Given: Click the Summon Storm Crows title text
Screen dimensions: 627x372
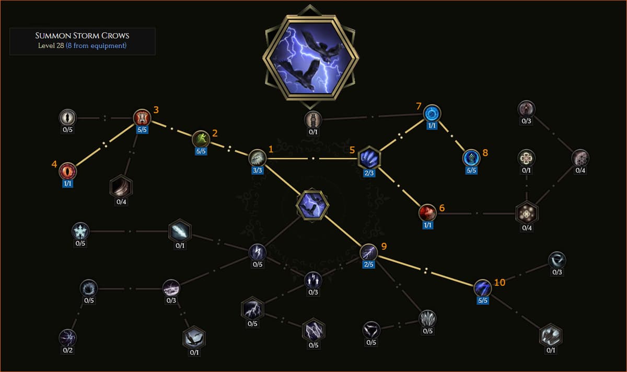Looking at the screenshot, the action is [x=82, y=36].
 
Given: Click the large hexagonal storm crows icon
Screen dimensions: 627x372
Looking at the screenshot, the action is [x=311, y=57].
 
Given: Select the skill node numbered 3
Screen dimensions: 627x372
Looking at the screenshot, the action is [x=142, y=117].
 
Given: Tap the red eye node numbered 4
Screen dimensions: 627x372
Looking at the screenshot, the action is [x=67, y=171].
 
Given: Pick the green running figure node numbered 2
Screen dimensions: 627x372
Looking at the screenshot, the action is [x=201, y=139].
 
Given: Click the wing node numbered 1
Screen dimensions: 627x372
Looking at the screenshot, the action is [x=257, y=158].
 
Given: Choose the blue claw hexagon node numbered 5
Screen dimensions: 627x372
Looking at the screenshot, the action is [x=369, y=158].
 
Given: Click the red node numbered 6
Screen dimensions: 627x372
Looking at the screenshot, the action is [x=427, y=213].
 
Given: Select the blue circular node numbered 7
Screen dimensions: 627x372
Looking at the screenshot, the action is [x=432, y=114].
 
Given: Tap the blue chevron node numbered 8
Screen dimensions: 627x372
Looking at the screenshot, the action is [x=471, y=158].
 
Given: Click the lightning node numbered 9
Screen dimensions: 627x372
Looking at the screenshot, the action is [x=369, y=252].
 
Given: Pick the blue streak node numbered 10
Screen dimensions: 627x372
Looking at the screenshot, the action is [x=483, y=288].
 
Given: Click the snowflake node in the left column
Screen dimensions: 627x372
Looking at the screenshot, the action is [x=80, y=231].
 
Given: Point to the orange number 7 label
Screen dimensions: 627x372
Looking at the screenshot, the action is [x=419, y=106].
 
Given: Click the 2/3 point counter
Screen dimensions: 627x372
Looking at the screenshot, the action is [x=369, y=173].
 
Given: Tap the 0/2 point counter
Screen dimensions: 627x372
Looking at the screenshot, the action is [x=68, y=350].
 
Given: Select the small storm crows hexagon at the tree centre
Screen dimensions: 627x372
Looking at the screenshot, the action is [x=312, y=205].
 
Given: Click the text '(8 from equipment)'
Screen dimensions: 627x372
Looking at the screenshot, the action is [x=96, y=46].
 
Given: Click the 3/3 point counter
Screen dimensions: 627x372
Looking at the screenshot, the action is [x=257, y=170].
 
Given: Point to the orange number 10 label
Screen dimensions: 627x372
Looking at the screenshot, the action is [x=500, y=283].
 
